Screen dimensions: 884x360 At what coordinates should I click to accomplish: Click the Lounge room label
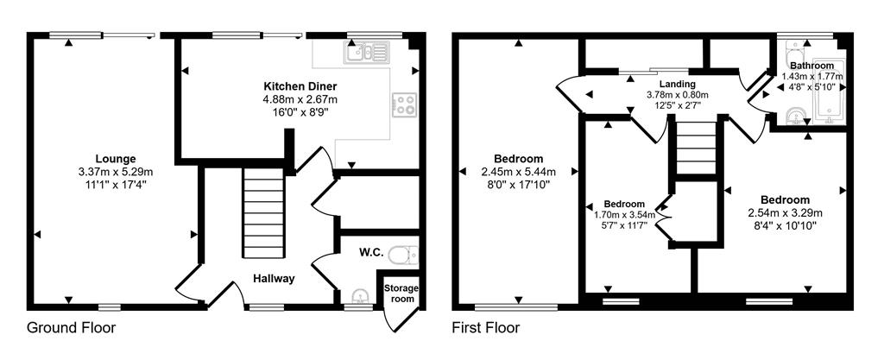click(x=115, y=159)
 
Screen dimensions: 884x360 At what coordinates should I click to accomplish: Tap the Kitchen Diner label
click(x=300, y=86)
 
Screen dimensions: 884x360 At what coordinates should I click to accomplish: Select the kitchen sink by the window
click(x=366, y=54)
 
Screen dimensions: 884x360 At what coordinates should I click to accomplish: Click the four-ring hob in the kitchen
click(x=404, y=104)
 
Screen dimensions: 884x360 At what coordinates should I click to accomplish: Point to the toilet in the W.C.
click(x=403, y=255)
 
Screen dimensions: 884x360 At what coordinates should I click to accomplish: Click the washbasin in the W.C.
click(x=359, y=295)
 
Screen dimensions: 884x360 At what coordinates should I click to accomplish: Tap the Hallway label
click(x=274, y=278)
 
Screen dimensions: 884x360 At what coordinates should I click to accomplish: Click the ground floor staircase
click(x=262, y=213)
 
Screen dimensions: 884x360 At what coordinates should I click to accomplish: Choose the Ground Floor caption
click(x=71, y=327)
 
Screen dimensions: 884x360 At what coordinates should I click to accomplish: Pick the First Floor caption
click(x=486, y=327)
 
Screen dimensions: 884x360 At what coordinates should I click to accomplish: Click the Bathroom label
click(x=811, y=66)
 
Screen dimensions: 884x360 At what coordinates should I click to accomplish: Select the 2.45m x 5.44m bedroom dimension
click(x=518, y=173)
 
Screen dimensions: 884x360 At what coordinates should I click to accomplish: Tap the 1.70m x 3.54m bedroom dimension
click(x=625, y=215)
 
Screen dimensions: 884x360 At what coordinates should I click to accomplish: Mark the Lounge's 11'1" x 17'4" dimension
click(x=116, y=184)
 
